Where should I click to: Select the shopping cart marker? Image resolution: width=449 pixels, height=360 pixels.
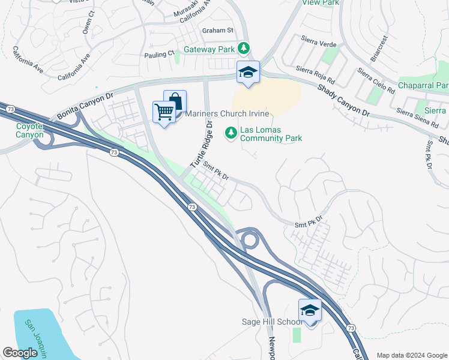[164, 111]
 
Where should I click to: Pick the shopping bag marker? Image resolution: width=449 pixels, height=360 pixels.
[175, 101]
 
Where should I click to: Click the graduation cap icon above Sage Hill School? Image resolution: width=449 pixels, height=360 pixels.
[310, 310]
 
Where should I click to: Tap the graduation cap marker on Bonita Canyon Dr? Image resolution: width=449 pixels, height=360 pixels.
[248, 72]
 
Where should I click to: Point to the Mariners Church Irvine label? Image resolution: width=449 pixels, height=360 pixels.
[226, 114]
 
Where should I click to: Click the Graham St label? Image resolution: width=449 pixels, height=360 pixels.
[217, 30]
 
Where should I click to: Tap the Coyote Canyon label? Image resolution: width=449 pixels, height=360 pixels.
[29, 130]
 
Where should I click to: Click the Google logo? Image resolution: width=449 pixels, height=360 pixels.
[20, 353]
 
